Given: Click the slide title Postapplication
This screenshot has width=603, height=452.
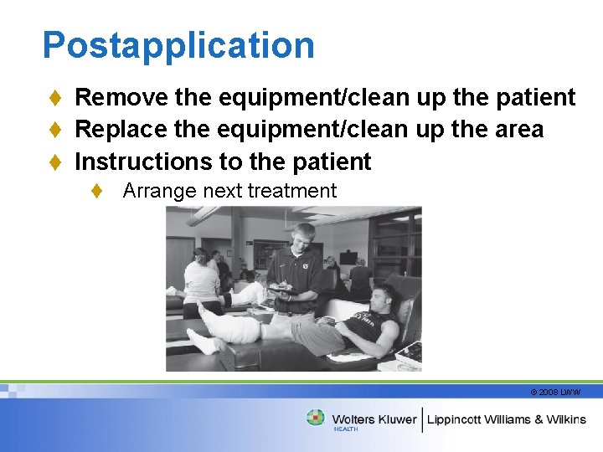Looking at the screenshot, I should pos(178,45).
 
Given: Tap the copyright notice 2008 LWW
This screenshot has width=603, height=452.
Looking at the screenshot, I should pos(554,392).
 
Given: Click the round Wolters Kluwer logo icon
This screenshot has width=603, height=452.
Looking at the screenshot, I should pos(315,418).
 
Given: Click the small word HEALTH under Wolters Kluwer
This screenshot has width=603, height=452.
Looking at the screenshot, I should pos(346,429).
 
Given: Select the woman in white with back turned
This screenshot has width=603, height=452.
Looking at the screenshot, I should pos(200,280).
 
